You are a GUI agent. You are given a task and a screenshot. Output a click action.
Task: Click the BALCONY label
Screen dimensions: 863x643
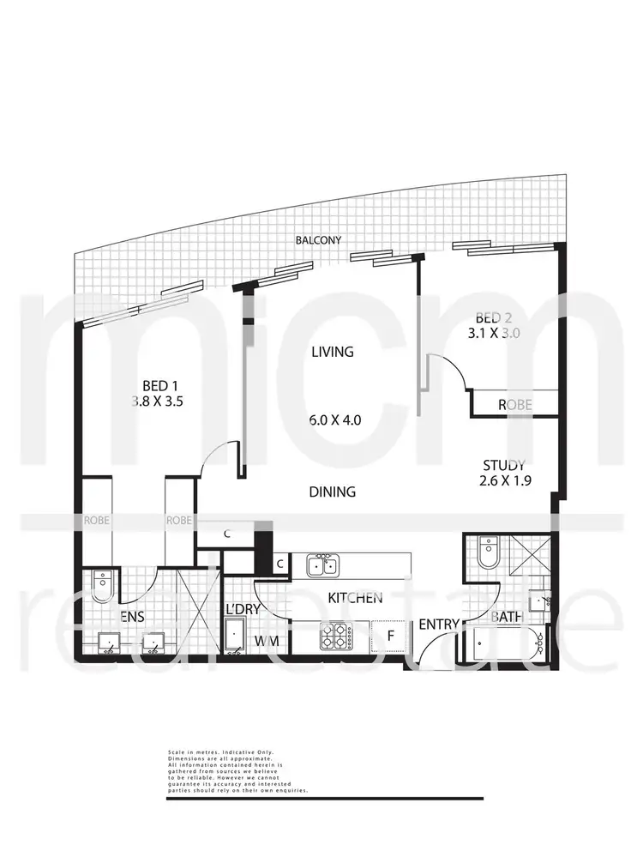[x=319, y=241]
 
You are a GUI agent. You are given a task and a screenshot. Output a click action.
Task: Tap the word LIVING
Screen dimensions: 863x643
[x=332, y=352]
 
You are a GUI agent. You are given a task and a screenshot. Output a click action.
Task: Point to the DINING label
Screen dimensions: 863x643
[x=332, y=492]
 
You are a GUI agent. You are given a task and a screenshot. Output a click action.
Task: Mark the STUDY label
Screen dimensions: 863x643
[x=504, y=465]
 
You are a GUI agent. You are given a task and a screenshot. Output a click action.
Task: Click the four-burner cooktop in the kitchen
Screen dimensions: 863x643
[x=335, y=636]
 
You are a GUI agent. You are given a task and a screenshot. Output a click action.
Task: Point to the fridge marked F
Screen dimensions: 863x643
[x=388, y=636]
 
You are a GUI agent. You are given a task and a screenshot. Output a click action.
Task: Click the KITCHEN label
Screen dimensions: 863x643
[x=353, y=598]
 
